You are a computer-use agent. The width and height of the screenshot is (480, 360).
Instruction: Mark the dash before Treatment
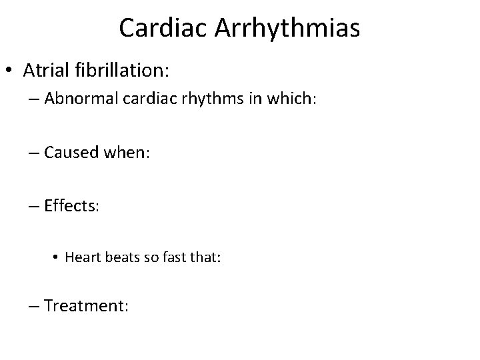[34, 307]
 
